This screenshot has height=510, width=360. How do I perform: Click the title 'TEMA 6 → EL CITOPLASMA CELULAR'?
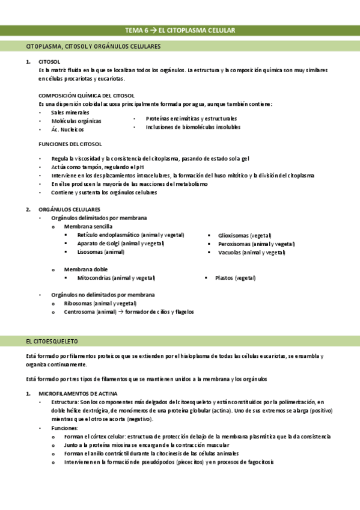point(180,30)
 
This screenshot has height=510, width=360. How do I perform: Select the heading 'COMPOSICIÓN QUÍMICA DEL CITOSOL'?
point(86,96)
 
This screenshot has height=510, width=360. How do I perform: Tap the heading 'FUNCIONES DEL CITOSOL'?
point(70,144)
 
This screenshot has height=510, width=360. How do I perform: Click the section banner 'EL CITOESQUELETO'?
point(52,341)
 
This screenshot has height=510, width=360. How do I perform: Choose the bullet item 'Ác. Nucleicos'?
point(67,129)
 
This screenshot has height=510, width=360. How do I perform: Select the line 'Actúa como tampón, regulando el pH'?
point(98,167)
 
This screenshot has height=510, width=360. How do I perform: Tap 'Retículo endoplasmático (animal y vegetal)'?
point(130,235)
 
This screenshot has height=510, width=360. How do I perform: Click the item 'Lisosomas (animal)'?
point(100,252)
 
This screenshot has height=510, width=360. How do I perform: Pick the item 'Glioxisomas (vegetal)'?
point(245,235)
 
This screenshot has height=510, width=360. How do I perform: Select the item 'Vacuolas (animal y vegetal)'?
point(251,253)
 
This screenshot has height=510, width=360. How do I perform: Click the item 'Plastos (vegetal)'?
point(235,278)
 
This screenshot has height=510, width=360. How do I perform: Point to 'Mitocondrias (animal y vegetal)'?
point(116,278)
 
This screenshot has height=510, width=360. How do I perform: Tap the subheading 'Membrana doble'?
point(86,269)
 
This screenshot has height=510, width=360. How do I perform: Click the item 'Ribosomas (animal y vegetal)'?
point(100,303)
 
